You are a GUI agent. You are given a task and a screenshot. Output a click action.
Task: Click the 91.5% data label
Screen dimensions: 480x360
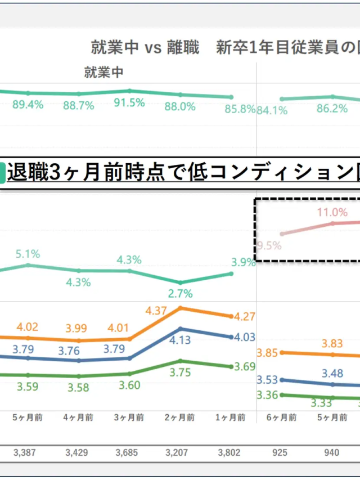click(130, 103)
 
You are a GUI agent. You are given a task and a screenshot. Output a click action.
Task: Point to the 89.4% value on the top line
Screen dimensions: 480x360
click(28, 105)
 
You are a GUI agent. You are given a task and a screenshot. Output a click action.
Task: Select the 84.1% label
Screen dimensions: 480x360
click(272, 110)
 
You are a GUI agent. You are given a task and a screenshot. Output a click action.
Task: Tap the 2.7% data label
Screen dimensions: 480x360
click(181, 293)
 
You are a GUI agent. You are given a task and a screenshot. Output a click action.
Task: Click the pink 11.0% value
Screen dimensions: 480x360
click(332, 212)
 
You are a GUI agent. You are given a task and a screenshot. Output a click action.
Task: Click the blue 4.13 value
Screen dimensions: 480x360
click(181, 340)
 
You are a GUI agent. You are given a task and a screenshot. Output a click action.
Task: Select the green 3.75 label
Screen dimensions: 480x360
click(181, 372)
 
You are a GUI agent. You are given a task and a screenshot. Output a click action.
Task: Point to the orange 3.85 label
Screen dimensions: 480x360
click(268, 353)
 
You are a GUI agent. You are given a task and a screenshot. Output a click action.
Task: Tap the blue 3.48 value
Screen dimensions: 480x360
click(332, 373)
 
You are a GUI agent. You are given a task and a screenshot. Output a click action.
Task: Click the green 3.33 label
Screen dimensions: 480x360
click(322, 402)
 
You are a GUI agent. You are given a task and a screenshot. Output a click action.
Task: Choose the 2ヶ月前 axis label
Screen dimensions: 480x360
click(181, 418)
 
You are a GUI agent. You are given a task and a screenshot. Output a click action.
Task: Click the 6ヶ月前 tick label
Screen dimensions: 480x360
click(282, 418)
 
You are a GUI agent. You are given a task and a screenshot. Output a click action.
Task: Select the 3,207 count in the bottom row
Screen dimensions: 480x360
click(181, 452)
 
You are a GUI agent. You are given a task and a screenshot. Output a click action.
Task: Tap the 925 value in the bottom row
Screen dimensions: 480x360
click(282, 452)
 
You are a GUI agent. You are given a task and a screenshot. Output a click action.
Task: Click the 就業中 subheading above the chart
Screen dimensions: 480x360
click(103, 72)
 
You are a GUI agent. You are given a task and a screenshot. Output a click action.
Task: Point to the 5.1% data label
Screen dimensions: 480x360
click(28, 254)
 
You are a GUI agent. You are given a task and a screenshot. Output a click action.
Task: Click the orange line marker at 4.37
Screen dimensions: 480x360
click(181, 308)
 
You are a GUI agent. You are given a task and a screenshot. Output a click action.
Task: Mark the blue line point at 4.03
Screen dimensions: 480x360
click(231, 337)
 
